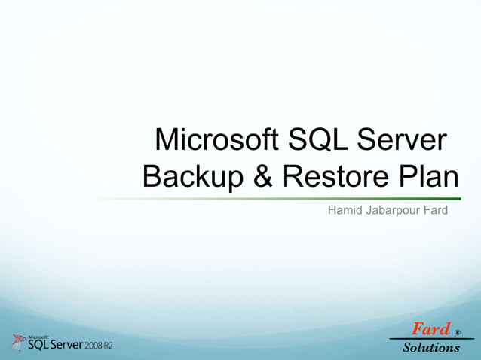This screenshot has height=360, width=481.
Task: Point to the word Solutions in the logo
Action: [x=431, y=347]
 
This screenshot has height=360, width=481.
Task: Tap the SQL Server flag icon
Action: [x=18, y=341]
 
